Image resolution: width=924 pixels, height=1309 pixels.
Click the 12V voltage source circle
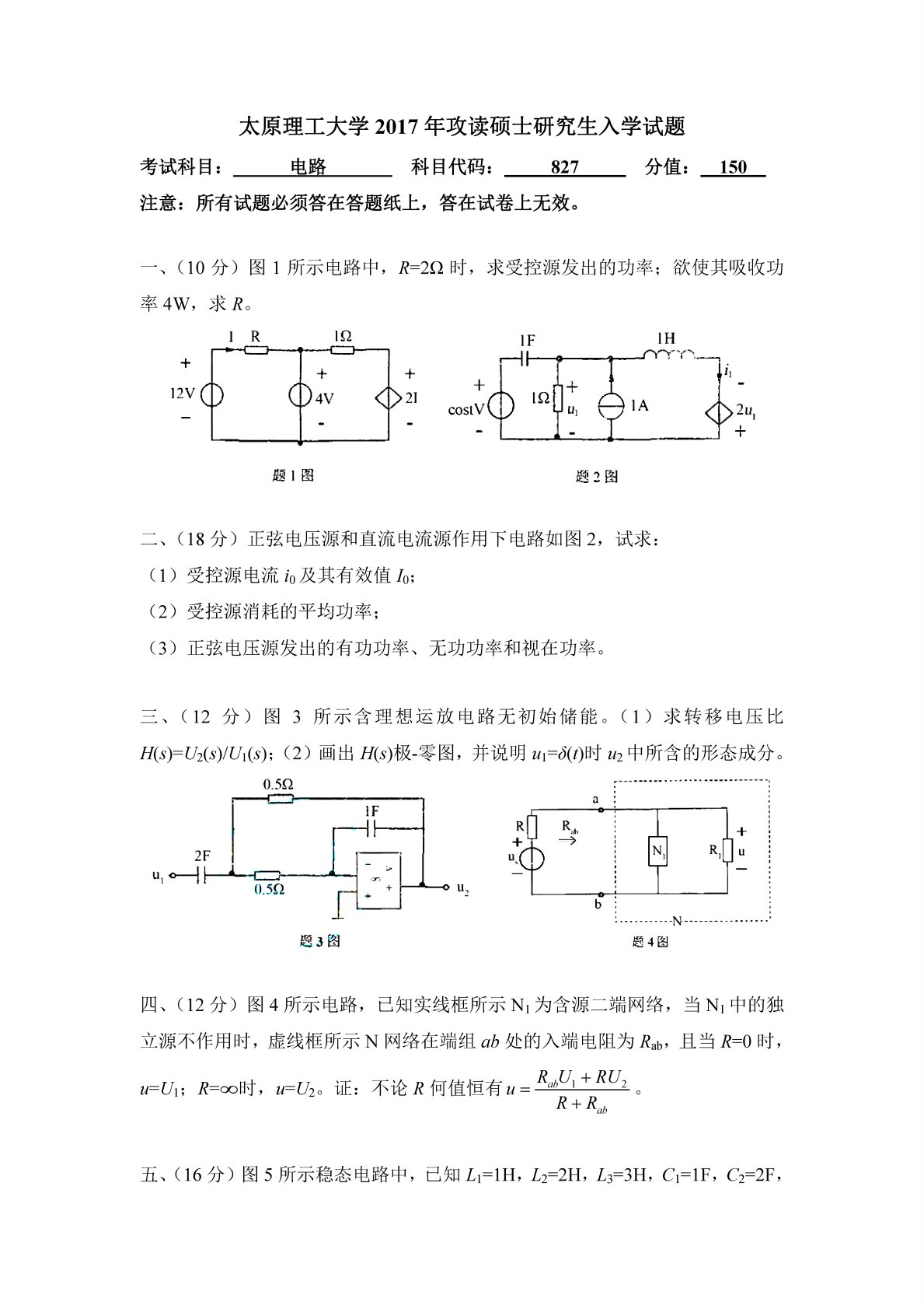211,395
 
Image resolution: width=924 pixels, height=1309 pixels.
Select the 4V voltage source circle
300,395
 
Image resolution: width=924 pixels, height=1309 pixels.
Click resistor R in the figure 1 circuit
256,351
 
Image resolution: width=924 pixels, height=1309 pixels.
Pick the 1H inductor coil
668,355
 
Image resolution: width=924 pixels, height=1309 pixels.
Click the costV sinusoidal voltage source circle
501,407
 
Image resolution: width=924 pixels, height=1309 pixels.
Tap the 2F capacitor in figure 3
203,875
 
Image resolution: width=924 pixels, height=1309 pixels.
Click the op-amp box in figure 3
378,880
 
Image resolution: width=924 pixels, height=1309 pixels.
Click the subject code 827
565,167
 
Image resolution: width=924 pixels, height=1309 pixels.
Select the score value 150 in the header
733,167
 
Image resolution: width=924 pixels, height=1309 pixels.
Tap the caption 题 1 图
293,475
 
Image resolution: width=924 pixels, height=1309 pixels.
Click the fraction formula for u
581,1090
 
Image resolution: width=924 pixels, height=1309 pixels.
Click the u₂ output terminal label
463,887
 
